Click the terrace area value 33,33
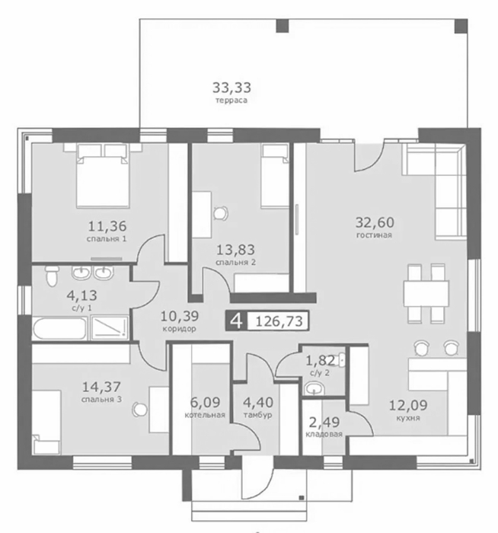231,88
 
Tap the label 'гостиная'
375,235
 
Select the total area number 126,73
279,321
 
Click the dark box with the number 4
236,321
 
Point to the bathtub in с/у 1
59,328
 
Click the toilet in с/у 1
52,276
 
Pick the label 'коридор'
179,329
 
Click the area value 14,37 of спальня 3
101,387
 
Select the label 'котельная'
205,415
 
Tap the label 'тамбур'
257,415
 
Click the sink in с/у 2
314,388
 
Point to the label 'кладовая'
324,434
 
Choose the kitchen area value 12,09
408,405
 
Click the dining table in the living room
426,292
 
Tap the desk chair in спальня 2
221,213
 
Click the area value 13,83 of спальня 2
235,250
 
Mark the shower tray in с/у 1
110,327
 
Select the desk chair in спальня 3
139,409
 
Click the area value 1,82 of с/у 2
321,361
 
